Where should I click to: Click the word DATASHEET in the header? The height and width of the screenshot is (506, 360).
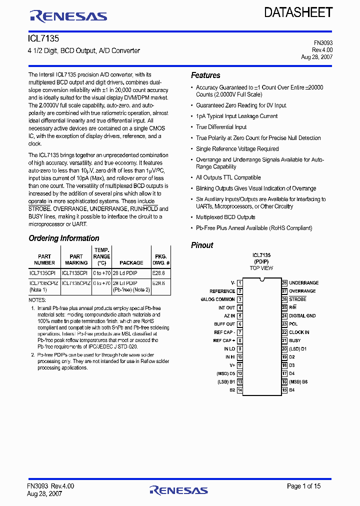coord(298,12)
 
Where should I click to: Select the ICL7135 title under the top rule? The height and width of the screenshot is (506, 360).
coord(43,38)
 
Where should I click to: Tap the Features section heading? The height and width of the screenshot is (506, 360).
coord(205,75)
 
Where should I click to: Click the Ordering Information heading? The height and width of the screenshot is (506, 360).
coord(64,238)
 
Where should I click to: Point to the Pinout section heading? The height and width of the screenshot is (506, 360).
coord(202,245)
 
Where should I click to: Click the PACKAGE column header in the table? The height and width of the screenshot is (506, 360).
coord(131,262)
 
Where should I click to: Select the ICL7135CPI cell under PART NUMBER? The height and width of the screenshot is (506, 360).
coord(44,273)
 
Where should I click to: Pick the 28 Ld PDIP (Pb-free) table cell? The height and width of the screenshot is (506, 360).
coord(131,285)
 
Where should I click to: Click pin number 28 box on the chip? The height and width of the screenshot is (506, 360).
coord(284,282)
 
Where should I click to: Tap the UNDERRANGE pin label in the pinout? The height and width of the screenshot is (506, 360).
coord(303,282)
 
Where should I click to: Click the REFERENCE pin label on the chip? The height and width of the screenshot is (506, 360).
coord(222,291)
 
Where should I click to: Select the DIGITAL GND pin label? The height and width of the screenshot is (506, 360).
coord(302,315)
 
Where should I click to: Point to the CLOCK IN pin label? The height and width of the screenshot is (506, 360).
coord(299,332)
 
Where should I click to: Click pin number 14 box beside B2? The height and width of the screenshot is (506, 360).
coord(240,389)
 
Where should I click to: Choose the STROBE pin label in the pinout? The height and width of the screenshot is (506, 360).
coord(297,299)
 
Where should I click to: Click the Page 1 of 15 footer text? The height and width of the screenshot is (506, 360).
coord(303,486)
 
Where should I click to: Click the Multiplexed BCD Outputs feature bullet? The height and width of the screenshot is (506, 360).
coord(225,217)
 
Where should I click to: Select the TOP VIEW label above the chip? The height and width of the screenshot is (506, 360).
coord(261,268)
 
